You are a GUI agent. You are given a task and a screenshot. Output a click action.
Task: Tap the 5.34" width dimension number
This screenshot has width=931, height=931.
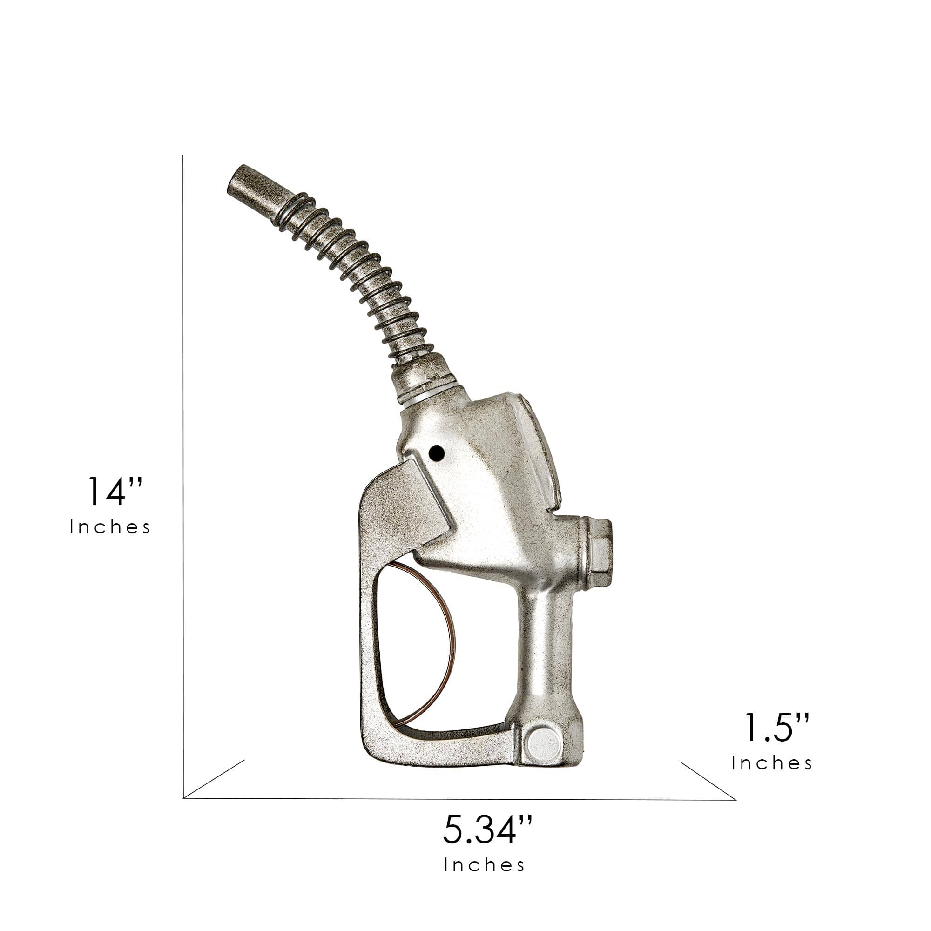click(488, 829)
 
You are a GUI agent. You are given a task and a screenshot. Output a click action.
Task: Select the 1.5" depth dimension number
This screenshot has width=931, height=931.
click(777, 739)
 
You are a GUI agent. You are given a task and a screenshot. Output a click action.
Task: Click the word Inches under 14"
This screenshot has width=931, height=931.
click(110, 527)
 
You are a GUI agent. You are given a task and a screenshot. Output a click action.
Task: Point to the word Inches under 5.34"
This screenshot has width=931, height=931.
click(484, 865)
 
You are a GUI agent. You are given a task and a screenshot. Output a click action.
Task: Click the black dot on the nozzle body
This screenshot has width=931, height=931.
click(436, 452)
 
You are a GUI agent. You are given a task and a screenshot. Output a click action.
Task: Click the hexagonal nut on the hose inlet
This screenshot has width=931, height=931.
click(598, 552)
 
